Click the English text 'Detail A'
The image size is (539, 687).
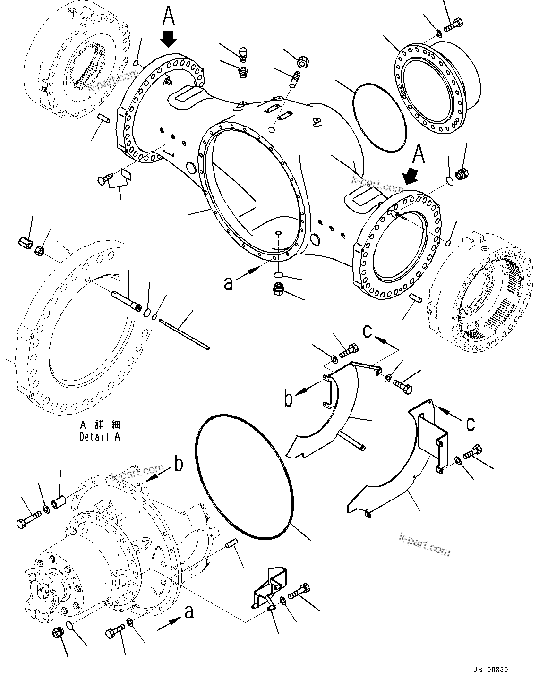[x=100, y=437]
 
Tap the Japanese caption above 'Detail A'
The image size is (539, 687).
[x=100, y=425]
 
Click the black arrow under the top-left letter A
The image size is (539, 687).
[x=169, y=38]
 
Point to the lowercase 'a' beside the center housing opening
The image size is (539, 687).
[x=229, y=284]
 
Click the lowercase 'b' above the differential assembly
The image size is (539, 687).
[x=179, y=464]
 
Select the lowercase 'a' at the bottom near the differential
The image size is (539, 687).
[x=189, y=612]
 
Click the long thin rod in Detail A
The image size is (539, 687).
[x=184, y=335]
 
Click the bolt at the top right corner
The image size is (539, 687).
[x=454, y=23]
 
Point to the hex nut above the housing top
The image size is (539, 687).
[x=302, y=61]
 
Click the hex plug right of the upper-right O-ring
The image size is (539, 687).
[x=462, y=174]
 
